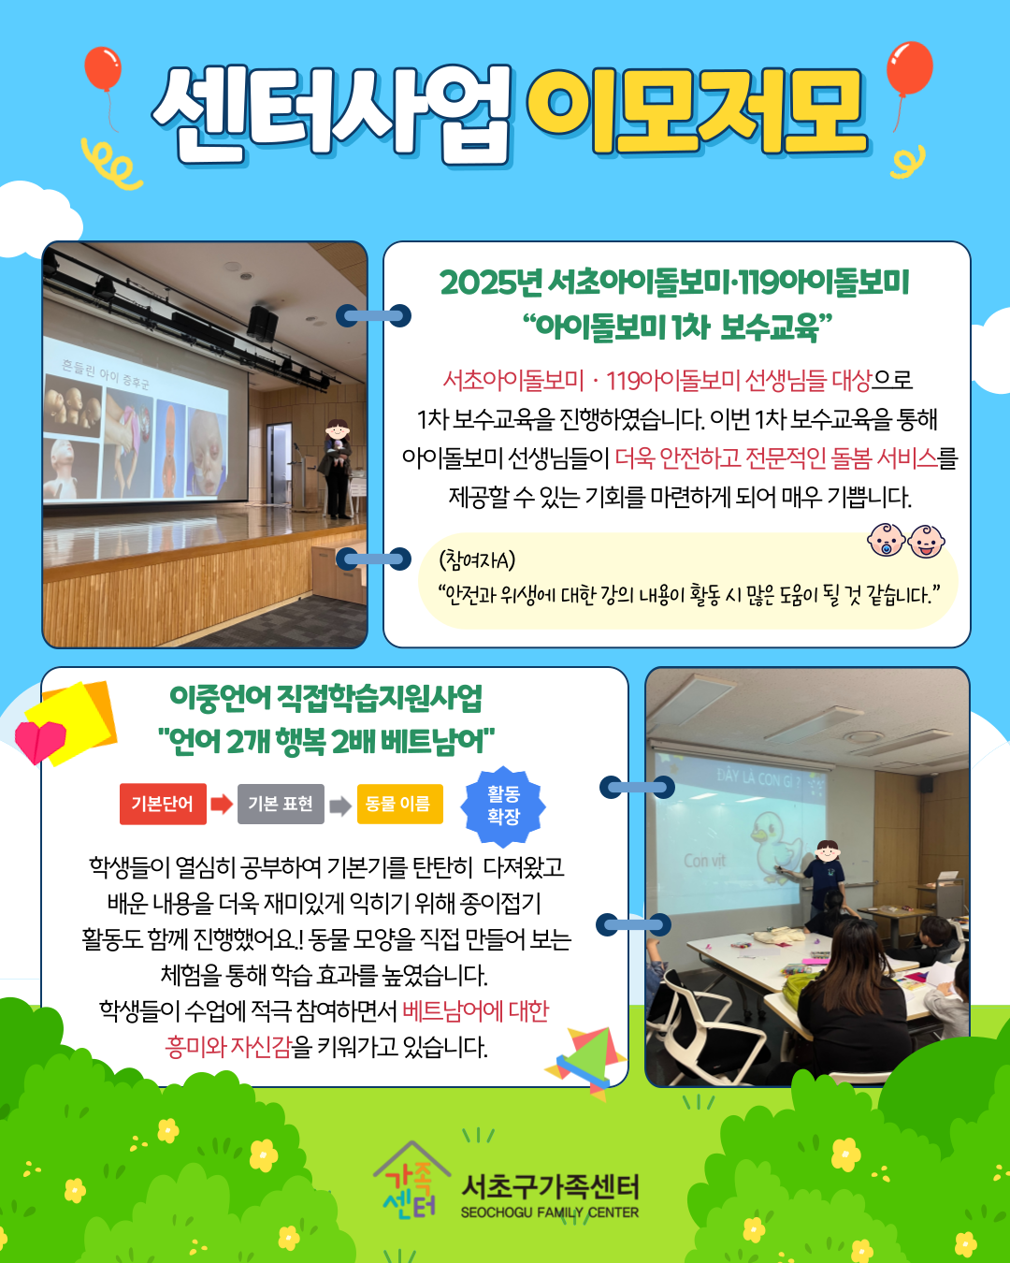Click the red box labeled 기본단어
pyautogui.click(x=163, y=804)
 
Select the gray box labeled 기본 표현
pyautogui.click(x=281, y=804)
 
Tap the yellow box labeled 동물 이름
pyautogui.click(x=399, y=804)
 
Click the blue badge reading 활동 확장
pyautogui.click(x=503, y=806)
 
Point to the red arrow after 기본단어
pyautogui.click(x=222, y=804)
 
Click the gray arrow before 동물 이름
pyautogui.click(x=340, y=806)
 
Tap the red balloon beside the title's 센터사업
pyautogui.click(x=103, y=69)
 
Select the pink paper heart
pyautogui.click(x=40, y=741)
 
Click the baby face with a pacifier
pyautogui.click(x=886, y=540)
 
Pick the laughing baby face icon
pyautogui.click(x=926, y=541)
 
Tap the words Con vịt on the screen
pyautogui.click(x=704, y=861)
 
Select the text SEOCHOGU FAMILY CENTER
pyautogui.click(x=549, y=1212)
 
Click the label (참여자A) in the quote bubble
pyautogui.click(x=477, y=559)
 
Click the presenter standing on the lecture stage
pyautogui.click(x=338, y=469)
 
